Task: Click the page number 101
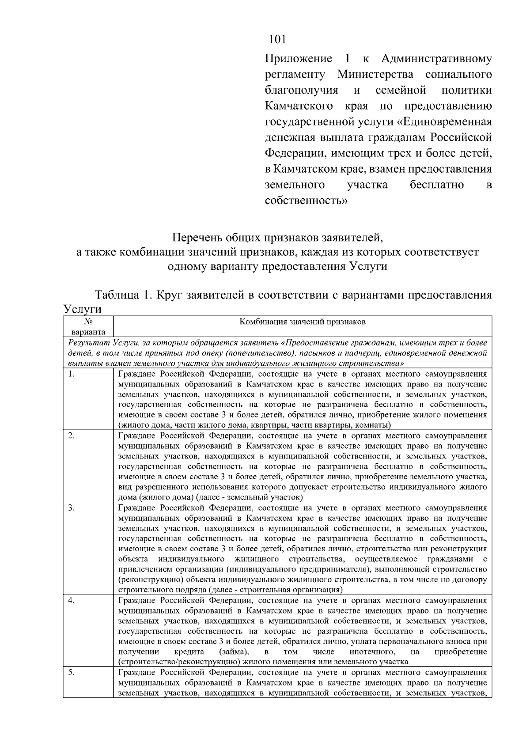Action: tap(278, 39)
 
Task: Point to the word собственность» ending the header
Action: tap(306, 201)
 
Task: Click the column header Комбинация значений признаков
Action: tap(302, 322)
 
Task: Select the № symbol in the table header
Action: tap(87, 322)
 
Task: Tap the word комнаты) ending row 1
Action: tap(374, 425)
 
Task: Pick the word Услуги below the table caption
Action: tap(82, 309)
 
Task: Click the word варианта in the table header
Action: tap(87, 332)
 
